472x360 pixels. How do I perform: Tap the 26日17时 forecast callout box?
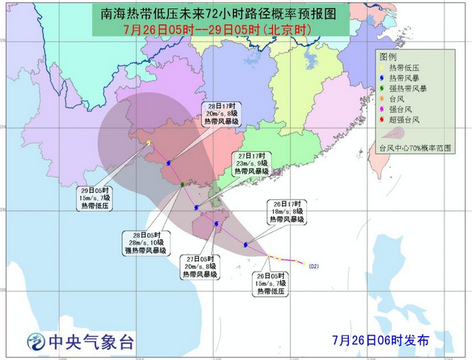[x=286, y=211]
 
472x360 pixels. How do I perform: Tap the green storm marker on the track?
[x=183, y=185]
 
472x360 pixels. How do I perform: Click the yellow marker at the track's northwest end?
[x=149, y=144]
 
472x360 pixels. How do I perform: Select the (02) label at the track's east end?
[x=314, y=266]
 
